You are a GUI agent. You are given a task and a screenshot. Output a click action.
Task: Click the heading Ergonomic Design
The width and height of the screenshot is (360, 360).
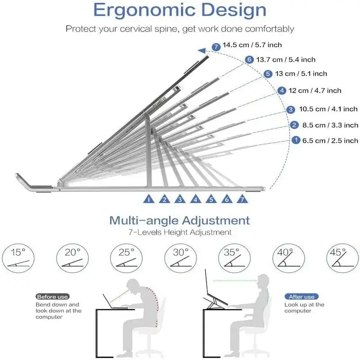180,10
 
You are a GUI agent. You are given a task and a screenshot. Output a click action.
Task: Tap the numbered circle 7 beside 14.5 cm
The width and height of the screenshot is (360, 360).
216,47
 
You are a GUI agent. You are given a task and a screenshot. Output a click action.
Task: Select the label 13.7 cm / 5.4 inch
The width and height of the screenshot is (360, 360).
286,60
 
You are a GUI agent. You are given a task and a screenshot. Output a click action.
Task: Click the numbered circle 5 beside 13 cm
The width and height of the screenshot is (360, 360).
268,74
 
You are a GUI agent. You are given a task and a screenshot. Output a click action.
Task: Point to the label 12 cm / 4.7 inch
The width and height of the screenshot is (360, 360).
315,90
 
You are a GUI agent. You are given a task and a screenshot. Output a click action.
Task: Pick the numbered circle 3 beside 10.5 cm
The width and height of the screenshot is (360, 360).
291,109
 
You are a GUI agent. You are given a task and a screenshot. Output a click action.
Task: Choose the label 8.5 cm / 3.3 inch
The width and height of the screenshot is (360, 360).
330,125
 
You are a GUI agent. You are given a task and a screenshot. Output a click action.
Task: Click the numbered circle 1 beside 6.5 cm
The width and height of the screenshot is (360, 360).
296,140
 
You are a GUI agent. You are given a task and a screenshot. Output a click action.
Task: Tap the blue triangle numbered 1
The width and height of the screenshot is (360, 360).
149,199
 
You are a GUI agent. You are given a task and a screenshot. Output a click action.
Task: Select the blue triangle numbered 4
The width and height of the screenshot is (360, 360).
196,199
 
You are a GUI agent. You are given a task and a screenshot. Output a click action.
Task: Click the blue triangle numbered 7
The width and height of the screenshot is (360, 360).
242,199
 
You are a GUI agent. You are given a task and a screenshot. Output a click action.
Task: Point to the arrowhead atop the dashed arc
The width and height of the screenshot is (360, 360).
202,51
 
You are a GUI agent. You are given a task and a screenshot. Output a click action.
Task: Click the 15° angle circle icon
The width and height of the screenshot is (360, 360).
18,258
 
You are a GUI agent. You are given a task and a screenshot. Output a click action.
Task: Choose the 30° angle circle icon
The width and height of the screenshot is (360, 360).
180,258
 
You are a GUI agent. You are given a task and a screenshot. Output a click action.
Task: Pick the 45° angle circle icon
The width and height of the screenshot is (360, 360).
342,258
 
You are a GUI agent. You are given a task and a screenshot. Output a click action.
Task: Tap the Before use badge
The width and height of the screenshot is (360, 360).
52,297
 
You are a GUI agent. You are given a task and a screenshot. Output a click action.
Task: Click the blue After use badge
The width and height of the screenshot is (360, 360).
301,297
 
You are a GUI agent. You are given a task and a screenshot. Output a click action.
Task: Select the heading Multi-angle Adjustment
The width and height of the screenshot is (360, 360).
180,220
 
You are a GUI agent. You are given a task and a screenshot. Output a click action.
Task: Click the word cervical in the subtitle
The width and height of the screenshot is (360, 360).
136,29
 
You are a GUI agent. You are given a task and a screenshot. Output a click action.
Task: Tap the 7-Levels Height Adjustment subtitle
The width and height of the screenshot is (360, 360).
180,232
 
